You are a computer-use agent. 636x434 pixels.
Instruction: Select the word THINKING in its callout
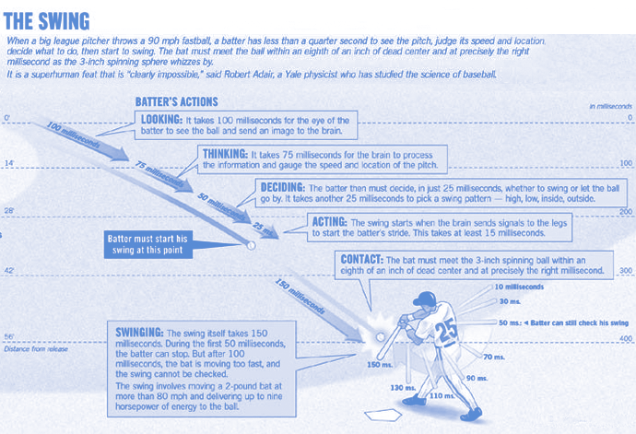(223, 153)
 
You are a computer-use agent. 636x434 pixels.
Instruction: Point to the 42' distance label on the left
(7, 272)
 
